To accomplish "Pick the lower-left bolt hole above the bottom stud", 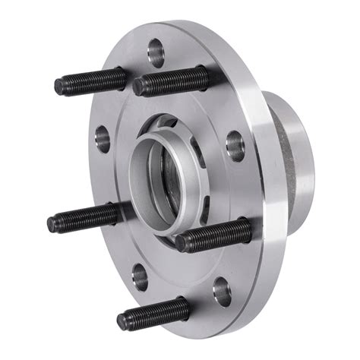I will [139, 275].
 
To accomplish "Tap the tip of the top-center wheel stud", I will [139, 87].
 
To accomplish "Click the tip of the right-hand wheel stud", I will [182, 243].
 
